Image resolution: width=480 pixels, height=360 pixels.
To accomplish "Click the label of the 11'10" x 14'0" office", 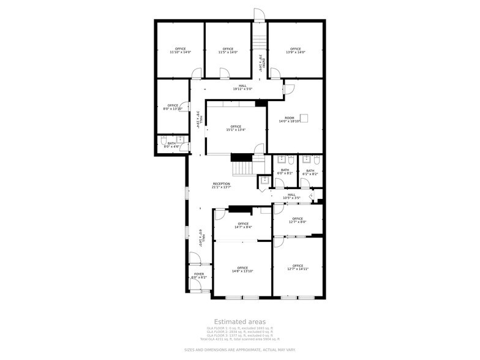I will [180, 51].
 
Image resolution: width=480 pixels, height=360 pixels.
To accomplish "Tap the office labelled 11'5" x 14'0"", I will [228, 51].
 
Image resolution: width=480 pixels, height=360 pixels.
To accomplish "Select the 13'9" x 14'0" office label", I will [296, 51].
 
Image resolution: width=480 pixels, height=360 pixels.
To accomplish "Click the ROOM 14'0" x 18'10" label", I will [290, 119].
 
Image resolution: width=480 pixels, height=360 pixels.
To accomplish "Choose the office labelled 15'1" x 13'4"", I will [236, 128].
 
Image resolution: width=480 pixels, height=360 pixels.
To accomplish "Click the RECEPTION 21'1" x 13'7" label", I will [222, 186].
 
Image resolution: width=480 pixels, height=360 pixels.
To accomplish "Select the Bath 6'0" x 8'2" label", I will [285, 173].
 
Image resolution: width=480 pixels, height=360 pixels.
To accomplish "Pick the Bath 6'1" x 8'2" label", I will [310, 173].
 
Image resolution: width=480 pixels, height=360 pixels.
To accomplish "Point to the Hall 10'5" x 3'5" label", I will [291, 197].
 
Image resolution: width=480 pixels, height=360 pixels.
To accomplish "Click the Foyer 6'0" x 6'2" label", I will [199, 276].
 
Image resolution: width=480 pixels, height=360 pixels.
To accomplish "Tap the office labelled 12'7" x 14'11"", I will [298, 267].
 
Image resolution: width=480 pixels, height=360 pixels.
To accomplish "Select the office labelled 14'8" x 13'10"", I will [242, 269].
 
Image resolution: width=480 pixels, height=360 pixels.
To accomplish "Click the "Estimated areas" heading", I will [239, 321].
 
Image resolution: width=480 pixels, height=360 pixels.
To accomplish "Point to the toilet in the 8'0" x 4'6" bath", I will [163, 143].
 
